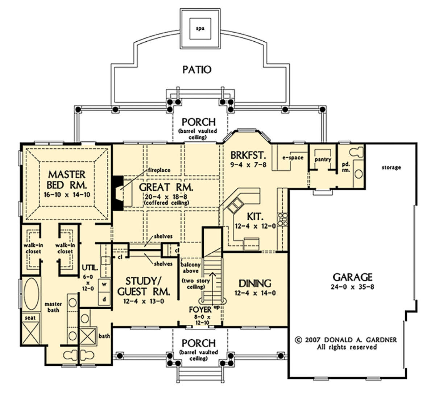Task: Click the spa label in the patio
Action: coord(200,28)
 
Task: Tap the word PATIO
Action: coord(197,70)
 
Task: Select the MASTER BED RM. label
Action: coord(67,180)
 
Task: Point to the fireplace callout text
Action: coord(159,170)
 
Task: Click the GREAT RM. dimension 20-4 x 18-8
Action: coord(166,197)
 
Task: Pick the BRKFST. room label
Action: coord(248,155)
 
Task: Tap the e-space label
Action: coord(293,158)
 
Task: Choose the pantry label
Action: coord(323,159)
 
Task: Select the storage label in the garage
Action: coord(391,167)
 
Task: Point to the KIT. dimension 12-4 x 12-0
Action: coord(255,226)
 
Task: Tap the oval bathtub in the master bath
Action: coord(32,294)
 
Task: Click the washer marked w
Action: coord(104,284)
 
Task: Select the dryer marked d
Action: coord(104,299)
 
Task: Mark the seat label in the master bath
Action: coord(30,318)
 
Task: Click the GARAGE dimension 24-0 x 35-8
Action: coord(352,287)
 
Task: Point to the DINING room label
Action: coord(255,283)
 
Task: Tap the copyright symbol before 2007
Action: coord(298,340)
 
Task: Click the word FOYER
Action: coord(200,310)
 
